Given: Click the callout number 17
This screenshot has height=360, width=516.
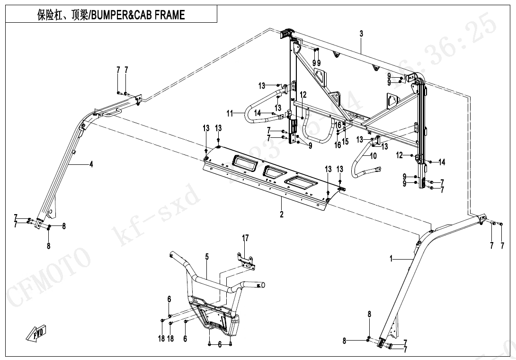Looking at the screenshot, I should coord(245,238).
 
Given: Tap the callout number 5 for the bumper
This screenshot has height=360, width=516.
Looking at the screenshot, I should coord(207,257).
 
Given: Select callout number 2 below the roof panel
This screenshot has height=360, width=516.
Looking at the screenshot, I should coord(282,215).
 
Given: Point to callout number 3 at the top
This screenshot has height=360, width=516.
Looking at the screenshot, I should coord(361,34).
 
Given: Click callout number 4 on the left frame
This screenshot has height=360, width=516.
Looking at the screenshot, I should coord(91,164).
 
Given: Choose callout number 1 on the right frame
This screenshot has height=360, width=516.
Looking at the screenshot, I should coord(391,259).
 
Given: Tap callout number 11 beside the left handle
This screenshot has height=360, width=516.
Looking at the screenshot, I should coord(230,113).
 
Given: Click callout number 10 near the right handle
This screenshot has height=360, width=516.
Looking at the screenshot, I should coord(373,155).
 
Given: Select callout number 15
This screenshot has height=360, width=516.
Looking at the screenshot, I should coord(345,141).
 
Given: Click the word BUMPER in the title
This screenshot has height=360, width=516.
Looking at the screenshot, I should coord(107,15).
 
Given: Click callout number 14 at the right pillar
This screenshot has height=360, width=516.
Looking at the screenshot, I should coord(442,162).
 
